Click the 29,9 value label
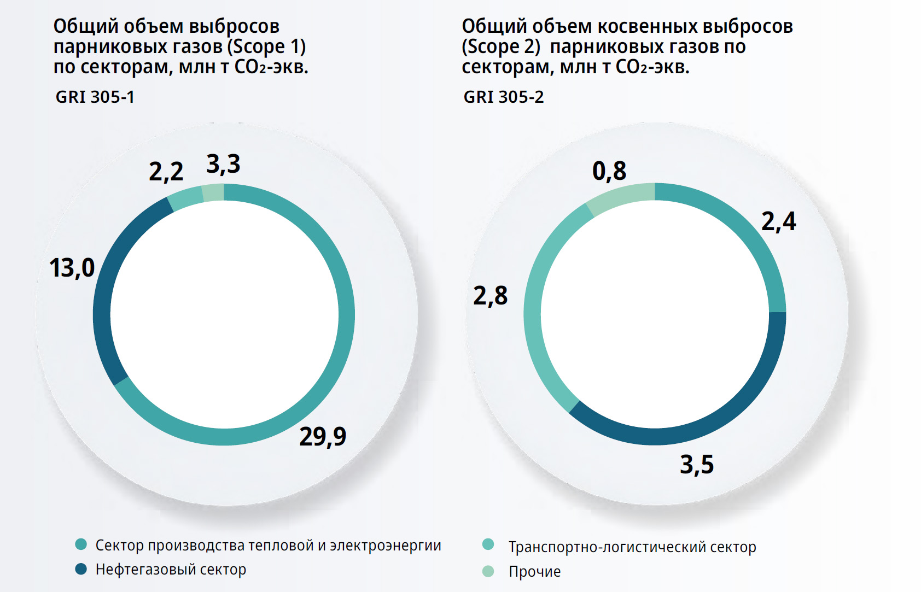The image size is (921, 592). tap(323, 437)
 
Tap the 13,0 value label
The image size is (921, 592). tap(72, 268)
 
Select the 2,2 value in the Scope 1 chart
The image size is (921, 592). tap(166, 172)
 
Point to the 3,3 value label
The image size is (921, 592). tap(223, 164)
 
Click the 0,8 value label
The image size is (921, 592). tap(609, 171)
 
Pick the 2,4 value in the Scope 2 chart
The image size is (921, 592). tap(779, 221)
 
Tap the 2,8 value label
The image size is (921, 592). tap(491, 296)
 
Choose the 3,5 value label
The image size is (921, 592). tap(697, 465)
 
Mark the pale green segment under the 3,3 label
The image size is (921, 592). tap(213, 192)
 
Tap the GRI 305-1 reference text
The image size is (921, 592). tap(95, 97)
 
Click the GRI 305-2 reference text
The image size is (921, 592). tap(504, 97)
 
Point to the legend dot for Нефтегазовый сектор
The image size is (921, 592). tap(81, 569)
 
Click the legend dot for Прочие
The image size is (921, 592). tap(488, 571)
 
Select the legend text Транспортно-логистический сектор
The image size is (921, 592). tap(632, 547)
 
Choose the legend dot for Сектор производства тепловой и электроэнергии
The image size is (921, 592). tap(81, 544)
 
